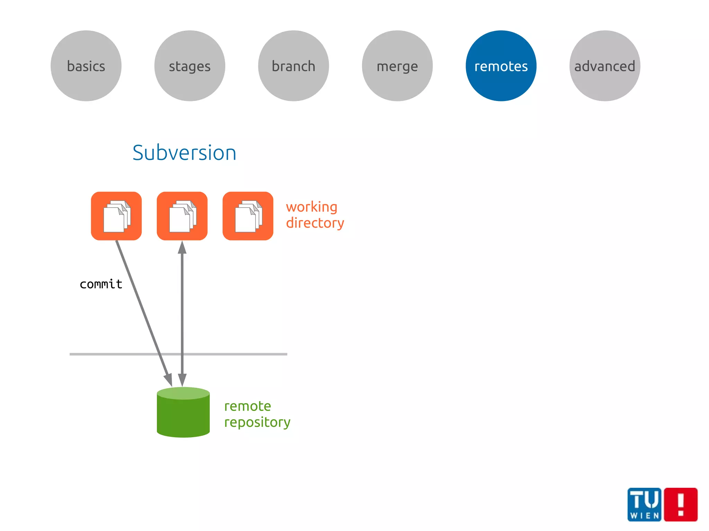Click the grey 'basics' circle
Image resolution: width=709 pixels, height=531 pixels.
[86, 66]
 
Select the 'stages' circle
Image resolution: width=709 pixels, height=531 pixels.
[190, 66]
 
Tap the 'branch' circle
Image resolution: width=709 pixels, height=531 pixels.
[294, 66]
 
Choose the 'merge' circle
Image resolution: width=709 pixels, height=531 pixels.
[397, 66]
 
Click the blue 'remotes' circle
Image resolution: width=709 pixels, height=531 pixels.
[501, 66]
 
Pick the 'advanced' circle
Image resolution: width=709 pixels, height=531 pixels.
[605, 66]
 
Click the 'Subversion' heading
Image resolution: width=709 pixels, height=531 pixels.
[184, 153]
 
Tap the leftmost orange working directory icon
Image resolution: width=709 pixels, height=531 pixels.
[116, 216]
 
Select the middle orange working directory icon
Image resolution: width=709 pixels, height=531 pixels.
[182, 216]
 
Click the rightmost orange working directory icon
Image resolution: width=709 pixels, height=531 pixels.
[248, 216]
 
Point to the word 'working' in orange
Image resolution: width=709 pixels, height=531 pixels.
[312, 207]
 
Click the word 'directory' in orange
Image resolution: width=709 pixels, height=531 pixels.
[315, 223]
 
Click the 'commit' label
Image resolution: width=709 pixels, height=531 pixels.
[101, 284]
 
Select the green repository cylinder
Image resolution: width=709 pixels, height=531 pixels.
[183, 412]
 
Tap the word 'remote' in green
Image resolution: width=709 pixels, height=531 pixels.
[248, 406]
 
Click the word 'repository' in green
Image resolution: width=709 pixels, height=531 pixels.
[257, 422]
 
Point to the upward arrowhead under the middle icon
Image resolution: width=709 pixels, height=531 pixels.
[182, 248]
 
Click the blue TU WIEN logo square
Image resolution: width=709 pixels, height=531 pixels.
[644, 504]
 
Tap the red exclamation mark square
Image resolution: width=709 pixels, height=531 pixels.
[681, 504]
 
